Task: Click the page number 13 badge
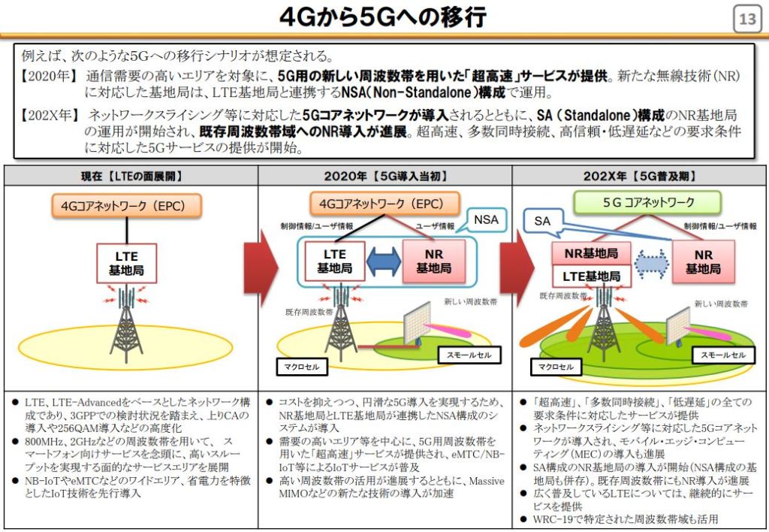pyautogui.click(x=747, y=19)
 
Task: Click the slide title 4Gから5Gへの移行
pyautogui.click(x=383, y=17)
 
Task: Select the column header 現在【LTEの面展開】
pyautogui.click(x=131, y=176)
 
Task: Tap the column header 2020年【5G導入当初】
pyautogui.click(x=385, y=176)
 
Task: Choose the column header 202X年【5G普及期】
pyautogui.click(x=640, y=176)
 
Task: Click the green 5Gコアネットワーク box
pyautogui.click(x=647, y=202)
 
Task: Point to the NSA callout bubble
pyautogui.click(x=486, y=220)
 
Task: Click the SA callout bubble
pyautogui.click(x=543, y=222)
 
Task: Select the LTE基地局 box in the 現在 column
pyautogui.click(x=126, y=263)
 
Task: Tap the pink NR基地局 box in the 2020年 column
pyautogui.click(x=433, y=261)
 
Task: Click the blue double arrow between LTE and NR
pyautogui.click(x=384, y=261)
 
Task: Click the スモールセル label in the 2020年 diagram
pyautogui.click(x=469, y=355)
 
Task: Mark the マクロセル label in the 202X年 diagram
pyautogui.click(x=556, y=367)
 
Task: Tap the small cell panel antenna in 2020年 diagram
pyautogui.click(x=417, y=323)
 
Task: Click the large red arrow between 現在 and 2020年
pyautogui.click(x=261, y=268)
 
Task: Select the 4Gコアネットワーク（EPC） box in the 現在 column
pyautogui.click(x=126, y=206)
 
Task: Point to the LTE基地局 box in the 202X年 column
pyautogui.click(x=592, y=277)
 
